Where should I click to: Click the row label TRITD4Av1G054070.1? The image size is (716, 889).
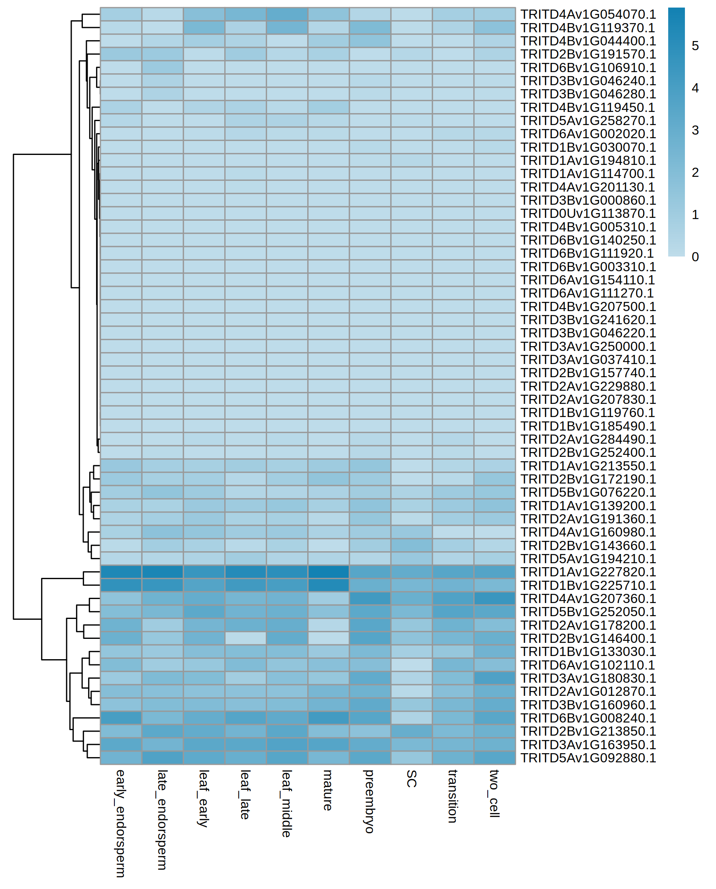pos(587,14)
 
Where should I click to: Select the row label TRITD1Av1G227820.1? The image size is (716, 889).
pos(587,572)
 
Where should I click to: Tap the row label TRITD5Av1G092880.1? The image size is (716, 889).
pos(587,758)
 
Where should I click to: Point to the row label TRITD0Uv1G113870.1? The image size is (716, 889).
pos(587,213)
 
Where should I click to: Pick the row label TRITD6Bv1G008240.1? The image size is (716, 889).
pos(587,718)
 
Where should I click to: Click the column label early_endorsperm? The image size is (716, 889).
pos(120,823)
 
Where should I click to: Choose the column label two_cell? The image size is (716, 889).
pos(494,793)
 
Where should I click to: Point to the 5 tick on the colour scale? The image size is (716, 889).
pos(695,46)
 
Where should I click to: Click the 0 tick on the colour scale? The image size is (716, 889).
pos(695,257)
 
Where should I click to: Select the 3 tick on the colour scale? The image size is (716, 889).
pos(695,130)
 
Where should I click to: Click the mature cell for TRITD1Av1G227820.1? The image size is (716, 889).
pos(328,572)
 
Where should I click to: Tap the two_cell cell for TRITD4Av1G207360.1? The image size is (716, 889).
pos(494,598)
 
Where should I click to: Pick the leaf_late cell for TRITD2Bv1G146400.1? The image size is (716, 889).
pos(245,638)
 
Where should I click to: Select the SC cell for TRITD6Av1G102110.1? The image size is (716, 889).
pos(411,665)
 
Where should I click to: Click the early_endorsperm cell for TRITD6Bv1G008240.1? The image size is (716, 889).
pos(121,718)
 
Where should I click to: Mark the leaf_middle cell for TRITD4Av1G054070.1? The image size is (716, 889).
pos(286,14)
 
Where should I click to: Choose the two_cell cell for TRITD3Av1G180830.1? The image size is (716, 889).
pos(494,678)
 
